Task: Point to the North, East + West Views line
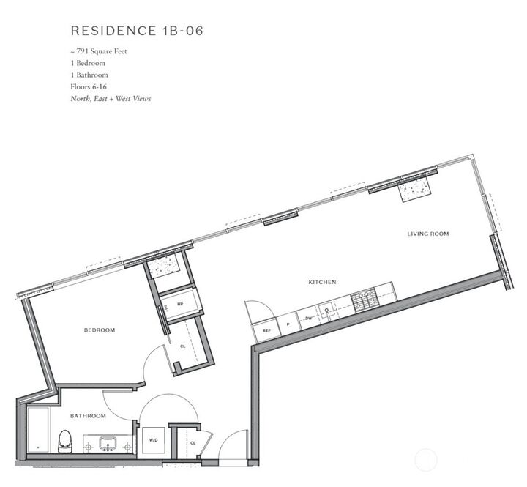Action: [111, 98]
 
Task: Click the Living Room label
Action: [428, 234]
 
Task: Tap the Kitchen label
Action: [321, 282]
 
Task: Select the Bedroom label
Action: [100, 330]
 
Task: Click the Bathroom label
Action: [88, 416]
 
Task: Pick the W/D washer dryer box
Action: [154, 440]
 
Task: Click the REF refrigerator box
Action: [266, 330]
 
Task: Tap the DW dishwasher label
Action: [309, 319]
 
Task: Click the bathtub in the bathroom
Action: [37, 432]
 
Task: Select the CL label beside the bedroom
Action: [183, 346]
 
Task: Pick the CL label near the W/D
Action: [193, 443]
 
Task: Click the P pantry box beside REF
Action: [288, 324]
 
